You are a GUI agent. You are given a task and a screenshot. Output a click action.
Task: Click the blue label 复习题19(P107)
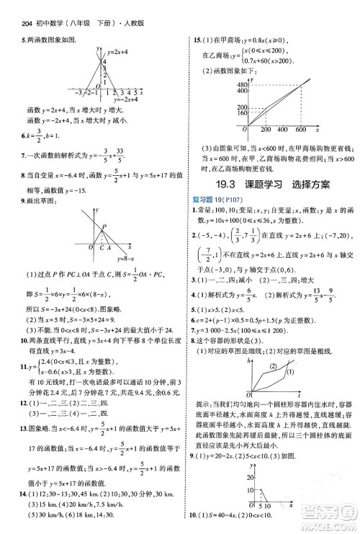point(213,199)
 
